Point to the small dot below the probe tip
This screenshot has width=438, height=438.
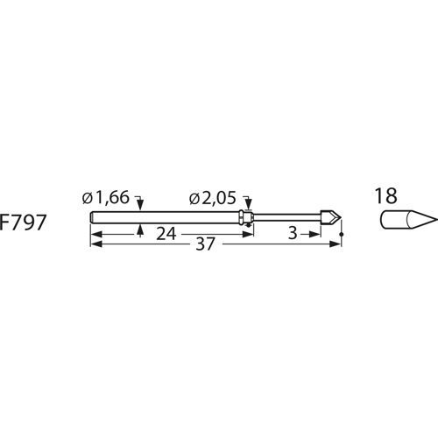click(x=341, y=235)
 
